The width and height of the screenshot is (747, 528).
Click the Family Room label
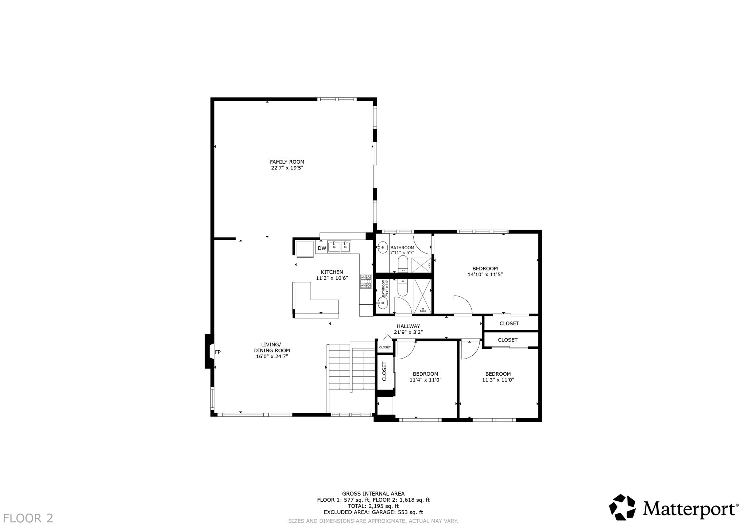pos(287,162)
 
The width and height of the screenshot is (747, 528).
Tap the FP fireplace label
pos(218,352)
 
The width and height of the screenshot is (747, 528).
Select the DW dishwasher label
pos(322,249)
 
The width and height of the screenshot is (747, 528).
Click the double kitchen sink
pos(339,247)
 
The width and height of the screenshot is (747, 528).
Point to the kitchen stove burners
pos(365,281)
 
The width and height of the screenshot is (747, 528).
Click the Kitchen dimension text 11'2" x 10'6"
pos(332,278)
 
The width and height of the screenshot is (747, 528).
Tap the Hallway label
pos(408,326)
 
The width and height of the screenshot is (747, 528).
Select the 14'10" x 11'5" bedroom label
pos(485,272)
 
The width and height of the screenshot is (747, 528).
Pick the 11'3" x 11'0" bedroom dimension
pos(498,380)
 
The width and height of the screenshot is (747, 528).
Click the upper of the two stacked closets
pos(509,324)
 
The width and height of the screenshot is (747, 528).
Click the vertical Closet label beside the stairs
pos(384,371)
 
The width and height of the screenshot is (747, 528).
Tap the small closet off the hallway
pos(385,347)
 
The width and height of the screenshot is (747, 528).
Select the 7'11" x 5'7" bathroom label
pos(402,250)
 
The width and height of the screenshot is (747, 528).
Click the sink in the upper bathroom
pos(382,247)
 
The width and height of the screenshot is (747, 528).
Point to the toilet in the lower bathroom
pos(403,288)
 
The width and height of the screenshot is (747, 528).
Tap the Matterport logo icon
pos(622,507)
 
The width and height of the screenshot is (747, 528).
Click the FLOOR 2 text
pos(28,518)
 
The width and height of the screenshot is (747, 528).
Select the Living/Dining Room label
pos(272,351)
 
